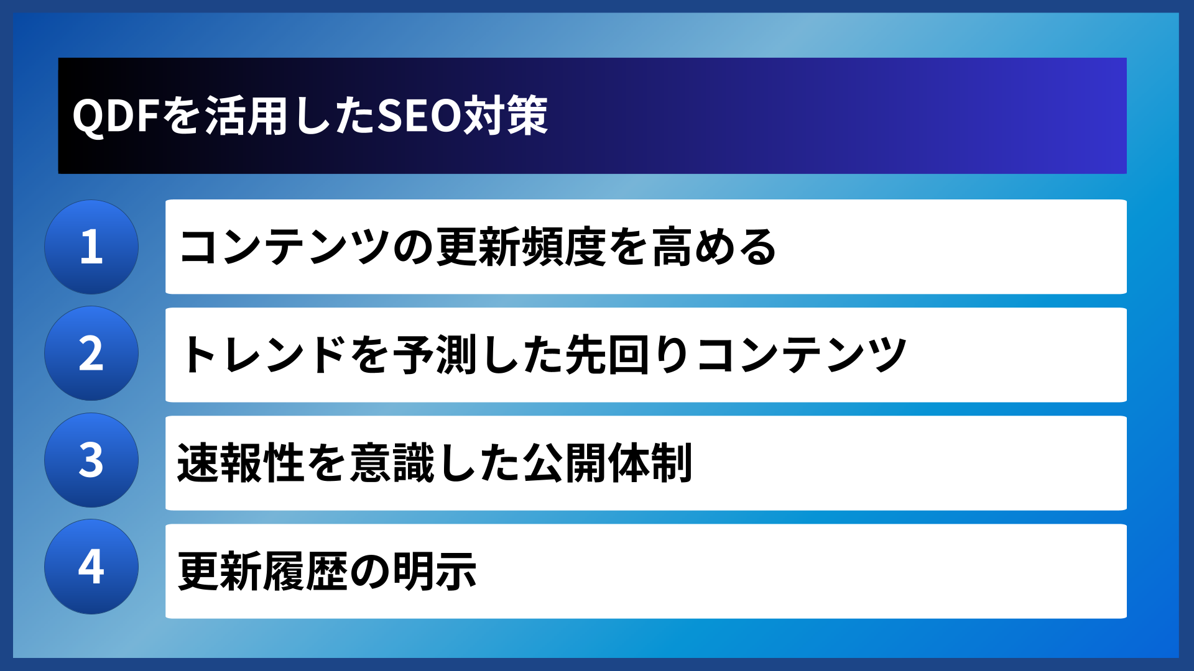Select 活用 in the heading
pos(246,116)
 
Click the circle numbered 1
pos(91,247)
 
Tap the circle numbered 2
pos(91,354)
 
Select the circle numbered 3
pos(91,460)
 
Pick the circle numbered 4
pos(91,567)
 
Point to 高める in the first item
pos(714,247)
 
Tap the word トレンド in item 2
pos(264,355)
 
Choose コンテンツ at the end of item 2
pos(801,355)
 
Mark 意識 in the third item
pos(393,463)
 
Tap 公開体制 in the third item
pos(608,463)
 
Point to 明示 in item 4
pos(435,571)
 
